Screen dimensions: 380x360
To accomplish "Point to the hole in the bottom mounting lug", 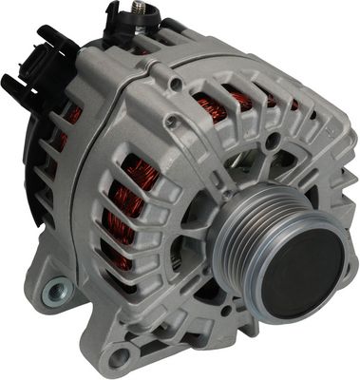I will pos(119,358).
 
